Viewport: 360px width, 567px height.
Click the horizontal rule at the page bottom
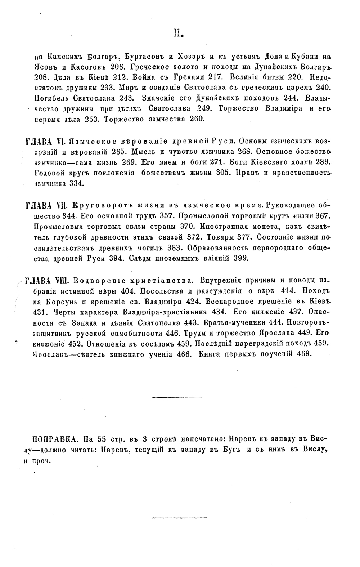177,518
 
